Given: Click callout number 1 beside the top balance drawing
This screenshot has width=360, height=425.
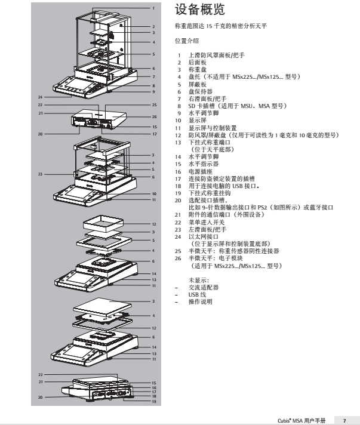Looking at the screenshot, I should [x=153, y=9].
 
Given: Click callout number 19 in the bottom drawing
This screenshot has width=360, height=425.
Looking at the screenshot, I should [x=153, y=401].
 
